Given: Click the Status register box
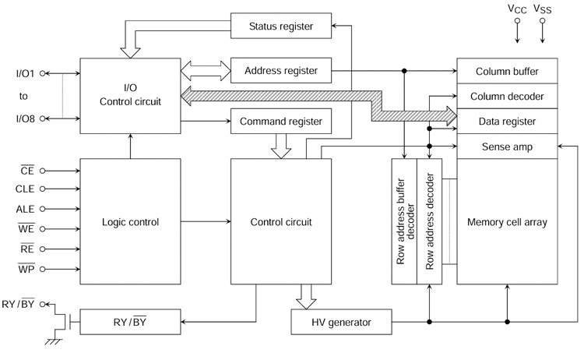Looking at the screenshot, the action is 281,26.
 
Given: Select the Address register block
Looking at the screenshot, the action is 281,70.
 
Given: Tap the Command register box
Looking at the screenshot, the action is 281,121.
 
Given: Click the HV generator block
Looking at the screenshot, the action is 341,322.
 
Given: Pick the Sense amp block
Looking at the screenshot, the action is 507,146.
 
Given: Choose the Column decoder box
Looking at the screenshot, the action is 507,96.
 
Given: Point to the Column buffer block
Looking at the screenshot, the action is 507,71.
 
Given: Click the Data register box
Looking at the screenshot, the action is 507,121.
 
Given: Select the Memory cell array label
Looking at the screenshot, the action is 507,222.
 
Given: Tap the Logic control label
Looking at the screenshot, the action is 130,222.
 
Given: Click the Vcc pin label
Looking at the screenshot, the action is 517,9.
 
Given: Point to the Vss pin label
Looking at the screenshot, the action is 542,9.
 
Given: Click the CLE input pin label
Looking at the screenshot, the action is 25,189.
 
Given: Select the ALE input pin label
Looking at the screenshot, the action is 25,209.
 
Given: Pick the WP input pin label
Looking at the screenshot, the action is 26,268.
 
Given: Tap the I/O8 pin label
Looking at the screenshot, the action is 26,118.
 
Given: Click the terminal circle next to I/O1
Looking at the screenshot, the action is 43,73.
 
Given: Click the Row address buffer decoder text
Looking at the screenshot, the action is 405,221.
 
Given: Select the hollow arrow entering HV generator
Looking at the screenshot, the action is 306,297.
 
